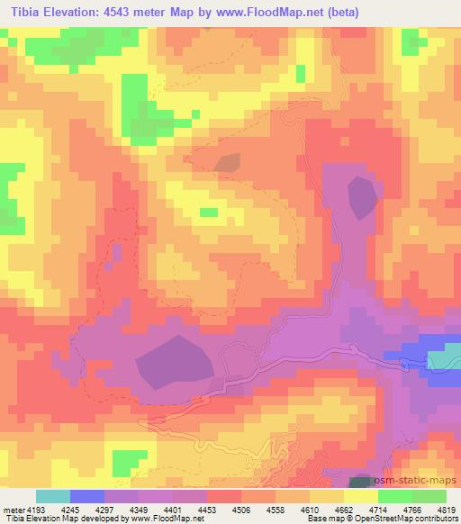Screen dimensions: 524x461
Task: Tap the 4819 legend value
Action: click(446, 509)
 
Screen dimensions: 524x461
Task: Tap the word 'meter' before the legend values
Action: click(12, 509)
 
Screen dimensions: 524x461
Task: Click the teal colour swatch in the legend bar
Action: click(52, 496)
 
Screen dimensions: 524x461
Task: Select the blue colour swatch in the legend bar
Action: click(86, 496)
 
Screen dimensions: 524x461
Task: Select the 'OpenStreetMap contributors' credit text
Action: click(405, 519)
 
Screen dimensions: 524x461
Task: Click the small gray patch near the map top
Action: click(227, 162)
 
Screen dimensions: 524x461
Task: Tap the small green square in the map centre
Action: click(208, 212)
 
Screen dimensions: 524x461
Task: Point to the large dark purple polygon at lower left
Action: click(176, 362)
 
